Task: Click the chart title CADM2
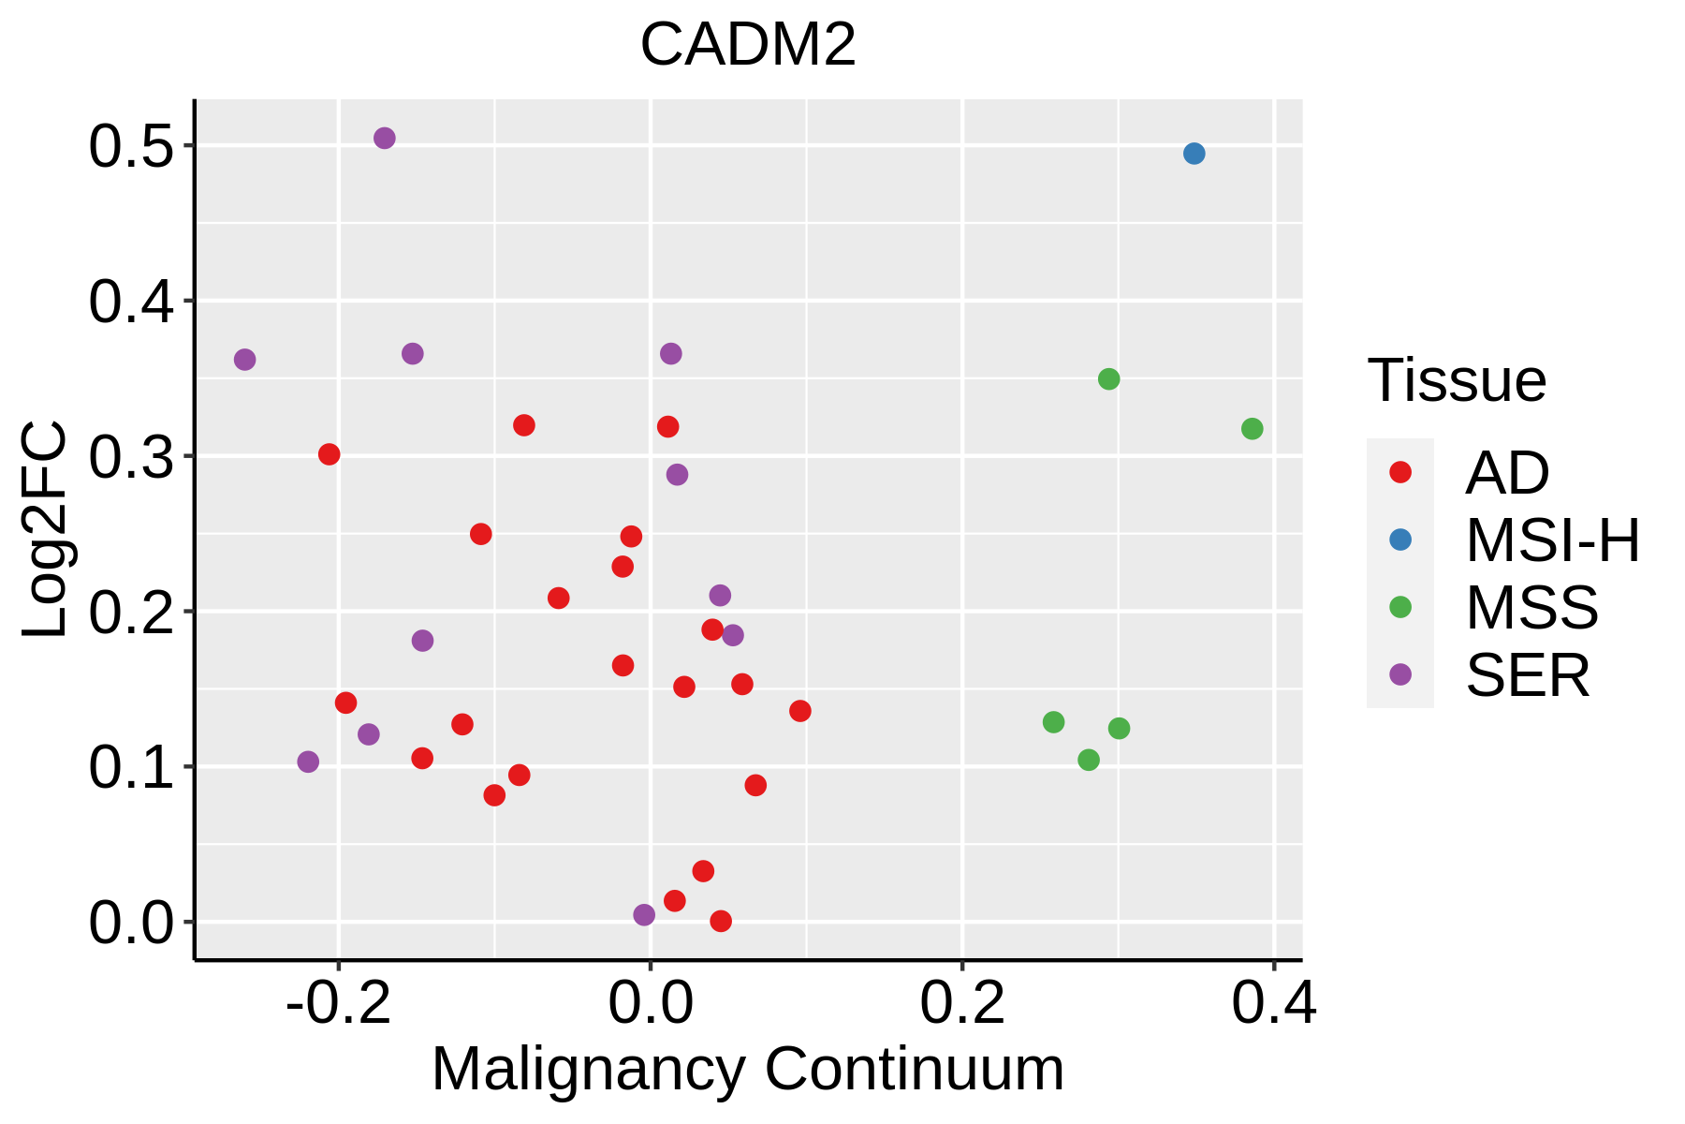(748, 44)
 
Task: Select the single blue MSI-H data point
(1194, 154)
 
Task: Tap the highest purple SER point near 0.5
(385, 139)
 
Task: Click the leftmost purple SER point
(245, 360)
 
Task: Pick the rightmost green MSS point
(1252, 429)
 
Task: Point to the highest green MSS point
(1108, 379)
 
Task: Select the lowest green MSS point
(1089, 760)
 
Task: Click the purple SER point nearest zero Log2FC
(644, 915)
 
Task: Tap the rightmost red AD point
(800, 711)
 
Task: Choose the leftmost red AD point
(330, 454)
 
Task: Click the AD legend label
(1507, 473)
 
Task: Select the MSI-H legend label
(1552, 540)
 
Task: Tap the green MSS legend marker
(1400, 607)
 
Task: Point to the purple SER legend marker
(1400, 674)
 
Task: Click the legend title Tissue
(1457, 381)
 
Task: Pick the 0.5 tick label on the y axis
(131, 147)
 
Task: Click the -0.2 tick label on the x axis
(338, 1004)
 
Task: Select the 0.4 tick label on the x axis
(1273, 1004)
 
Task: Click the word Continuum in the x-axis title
(915, 1070)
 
